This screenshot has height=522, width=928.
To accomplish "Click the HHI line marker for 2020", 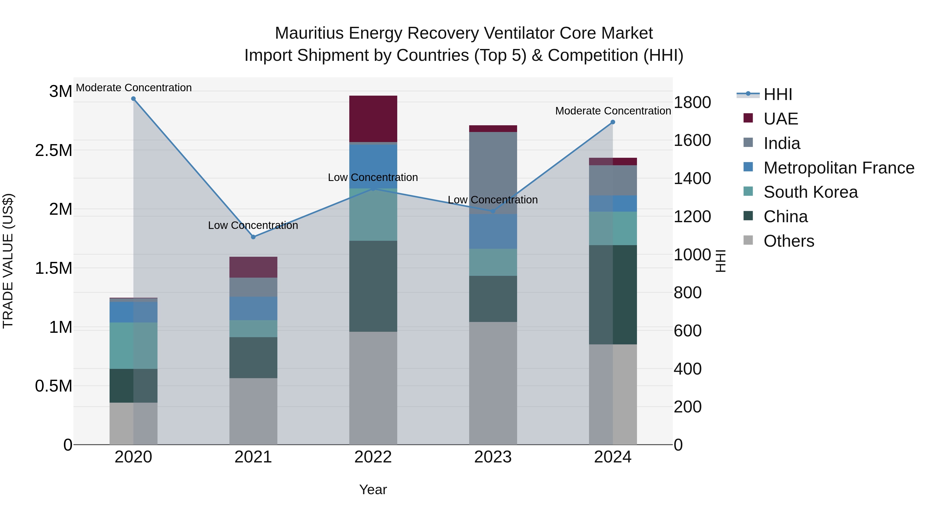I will click(x=133, y=99).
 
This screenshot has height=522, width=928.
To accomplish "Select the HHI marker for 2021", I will click(x=253, y=237).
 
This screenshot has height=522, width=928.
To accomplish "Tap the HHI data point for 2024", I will click(x=613, y=122).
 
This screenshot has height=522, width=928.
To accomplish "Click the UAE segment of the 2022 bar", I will click(x=373, y=119).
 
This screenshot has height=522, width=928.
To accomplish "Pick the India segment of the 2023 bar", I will click(x=493, y=173).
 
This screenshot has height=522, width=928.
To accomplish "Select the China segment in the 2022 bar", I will click(x=373, y=286).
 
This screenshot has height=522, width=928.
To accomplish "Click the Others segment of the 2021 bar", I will click(x=253, y=411).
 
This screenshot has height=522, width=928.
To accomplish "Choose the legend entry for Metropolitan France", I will click(x=838, y=168).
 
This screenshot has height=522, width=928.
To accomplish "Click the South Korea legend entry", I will click(x=810, y=192).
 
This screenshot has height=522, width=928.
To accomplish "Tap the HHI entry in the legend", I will click(x=777, y=94).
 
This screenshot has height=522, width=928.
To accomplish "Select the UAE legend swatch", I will click(x=748, y=118).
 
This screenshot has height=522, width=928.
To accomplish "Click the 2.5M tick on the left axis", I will click(x=54, y=150).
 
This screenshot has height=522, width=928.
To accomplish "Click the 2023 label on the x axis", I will click(x=493, y=457).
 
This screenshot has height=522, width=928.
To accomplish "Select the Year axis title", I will click(x=373, y=490).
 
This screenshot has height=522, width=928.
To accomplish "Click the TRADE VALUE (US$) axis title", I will click(x=8, y=261).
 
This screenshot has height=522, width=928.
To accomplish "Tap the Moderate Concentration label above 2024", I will click(x=613, y=111).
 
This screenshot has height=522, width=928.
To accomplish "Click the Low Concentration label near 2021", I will click(x=253, y=226).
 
